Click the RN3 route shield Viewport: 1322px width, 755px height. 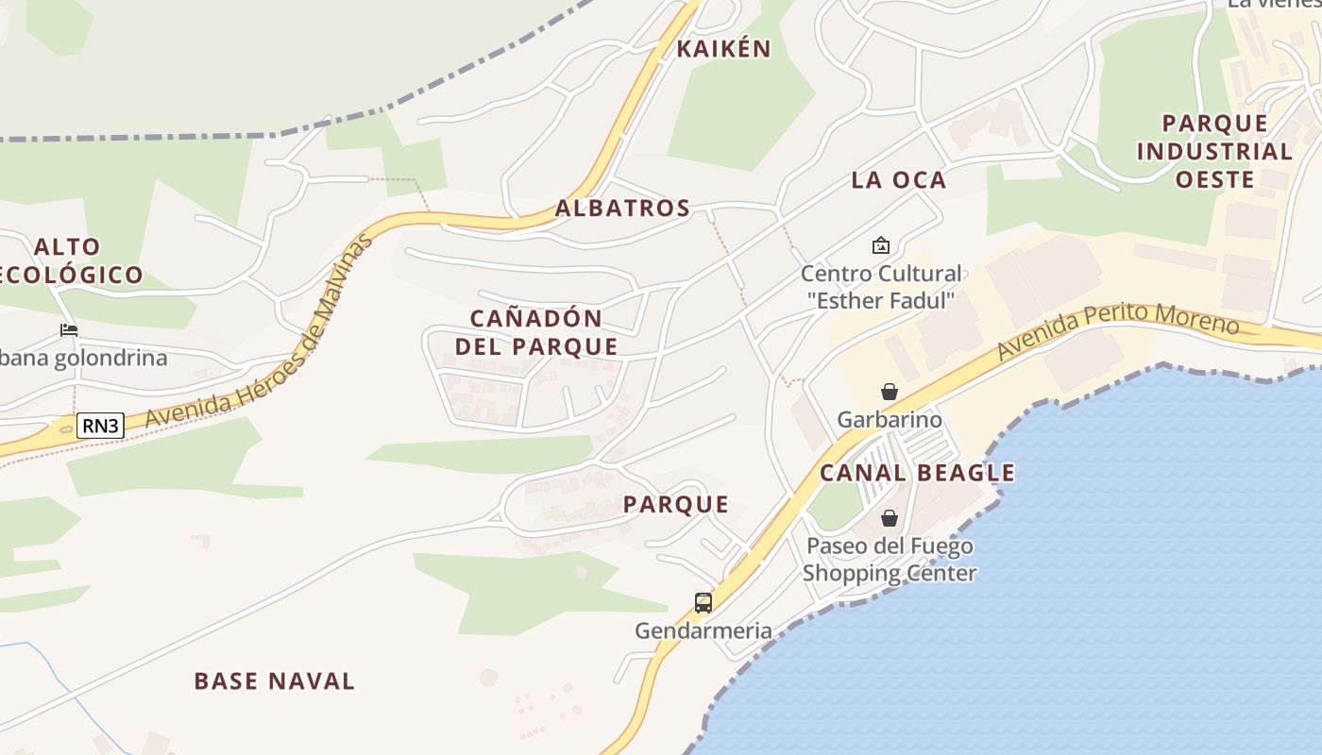tap(100, 426)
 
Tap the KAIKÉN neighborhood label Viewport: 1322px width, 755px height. tap(724, 49)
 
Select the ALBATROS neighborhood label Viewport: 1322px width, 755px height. tap(622, 209)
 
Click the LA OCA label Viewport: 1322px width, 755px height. tap(898, 180)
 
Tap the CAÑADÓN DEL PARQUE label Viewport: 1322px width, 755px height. tap(536, 332)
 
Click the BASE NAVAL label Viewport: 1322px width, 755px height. tap(274, 680)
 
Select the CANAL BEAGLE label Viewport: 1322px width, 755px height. tap(917, 473)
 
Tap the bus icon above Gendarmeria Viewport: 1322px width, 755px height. tap(703, 602)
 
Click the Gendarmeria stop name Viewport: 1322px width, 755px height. tap(703, 630)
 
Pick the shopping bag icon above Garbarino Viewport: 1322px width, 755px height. tap(889, 392)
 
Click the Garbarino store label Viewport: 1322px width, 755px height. tap(889, 419)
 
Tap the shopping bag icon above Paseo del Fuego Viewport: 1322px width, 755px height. tap(889, 518)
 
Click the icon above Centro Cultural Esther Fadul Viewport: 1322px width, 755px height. tap(881, 245)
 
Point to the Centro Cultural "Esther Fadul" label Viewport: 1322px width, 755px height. tap(881, 287)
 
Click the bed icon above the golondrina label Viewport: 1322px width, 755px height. tap(69, 329)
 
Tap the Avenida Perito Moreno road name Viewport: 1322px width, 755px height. tap(1116, 329)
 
